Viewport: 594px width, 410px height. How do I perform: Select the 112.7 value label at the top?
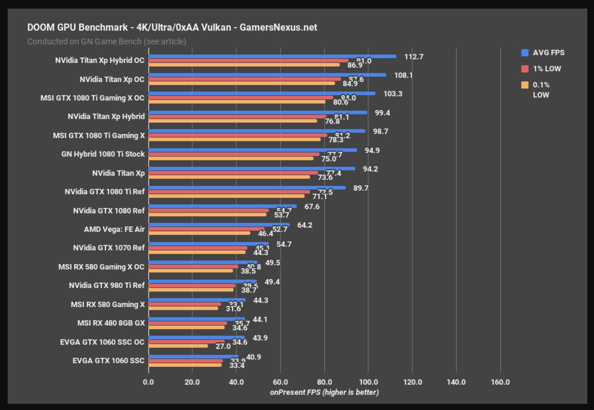tap(414, 57)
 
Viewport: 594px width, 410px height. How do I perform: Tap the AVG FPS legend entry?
tap(548, 53)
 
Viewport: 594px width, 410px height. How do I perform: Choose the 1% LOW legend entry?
tap(547, 69)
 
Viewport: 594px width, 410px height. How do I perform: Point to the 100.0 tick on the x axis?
tap(368, 382)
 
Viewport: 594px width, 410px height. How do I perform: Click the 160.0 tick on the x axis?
tap(500, 382)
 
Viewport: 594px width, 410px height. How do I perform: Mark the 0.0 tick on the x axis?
tap(148, 382)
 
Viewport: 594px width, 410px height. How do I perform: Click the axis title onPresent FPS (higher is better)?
tap(324, 392)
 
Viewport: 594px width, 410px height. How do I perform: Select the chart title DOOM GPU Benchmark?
tap(172, 27)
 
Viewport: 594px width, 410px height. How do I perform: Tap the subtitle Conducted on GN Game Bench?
tap(106, 42)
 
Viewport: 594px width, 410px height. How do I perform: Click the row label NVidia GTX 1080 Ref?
tap(109, 210)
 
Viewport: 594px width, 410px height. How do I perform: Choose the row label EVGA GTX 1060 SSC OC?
tap(103, 342)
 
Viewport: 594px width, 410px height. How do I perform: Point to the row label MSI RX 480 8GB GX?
tap(111, 323)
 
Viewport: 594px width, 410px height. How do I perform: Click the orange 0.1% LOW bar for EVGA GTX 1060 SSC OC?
tap(178, 346)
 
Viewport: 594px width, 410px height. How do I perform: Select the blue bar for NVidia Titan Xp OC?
tap(267, 75)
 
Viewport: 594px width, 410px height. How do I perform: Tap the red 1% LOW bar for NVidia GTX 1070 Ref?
tap(198, 248)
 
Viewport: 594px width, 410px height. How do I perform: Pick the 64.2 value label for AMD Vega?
tap(304, 225)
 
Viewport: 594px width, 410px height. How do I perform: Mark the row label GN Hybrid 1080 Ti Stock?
tap(103, 154)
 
